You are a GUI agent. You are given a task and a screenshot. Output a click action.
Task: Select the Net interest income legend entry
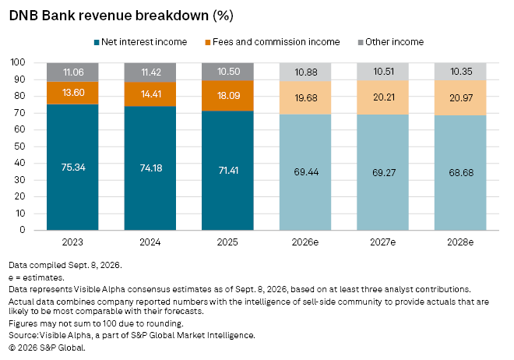coord(141,42)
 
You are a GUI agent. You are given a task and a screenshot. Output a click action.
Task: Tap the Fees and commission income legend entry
coord(273,42)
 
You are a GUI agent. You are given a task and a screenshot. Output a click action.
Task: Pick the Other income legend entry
coord(391,42)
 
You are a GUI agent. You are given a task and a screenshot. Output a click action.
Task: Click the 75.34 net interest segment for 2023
coord(72,168)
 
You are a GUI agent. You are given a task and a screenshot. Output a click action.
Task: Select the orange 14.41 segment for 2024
coord(150,94)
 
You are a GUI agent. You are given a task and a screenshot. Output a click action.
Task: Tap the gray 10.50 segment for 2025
coord(227,72)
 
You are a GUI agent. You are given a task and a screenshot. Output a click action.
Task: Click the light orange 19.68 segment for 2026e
coord(305,97)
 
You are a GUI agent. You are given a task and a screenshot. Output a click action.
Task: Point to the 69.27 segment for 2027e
coord(382,172)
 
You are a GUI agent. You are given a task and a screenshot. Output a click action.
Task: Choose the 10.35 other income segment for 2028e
coord(460,71)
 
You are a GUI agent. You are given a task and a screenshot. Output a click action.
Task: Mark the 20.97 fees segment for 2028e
coord(460,97)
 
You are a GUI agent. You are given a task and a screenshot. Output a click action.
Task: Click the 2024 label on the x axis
coord(150,242)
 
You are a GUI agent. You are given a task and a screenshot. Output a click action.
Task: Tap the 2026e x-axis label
coord(305,242)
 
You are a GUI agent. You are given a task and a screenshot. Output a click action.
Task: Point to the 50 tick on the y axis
coord(20,146)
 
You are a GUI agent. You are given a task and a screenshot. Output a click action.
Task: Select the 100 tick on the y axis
coord(18,62)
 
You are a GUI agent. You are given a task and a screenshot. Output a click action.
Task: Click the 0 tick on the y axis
coord(23,230)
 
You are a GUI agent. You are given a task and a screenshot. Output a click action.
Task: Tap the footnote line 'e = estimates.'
coord(37,277)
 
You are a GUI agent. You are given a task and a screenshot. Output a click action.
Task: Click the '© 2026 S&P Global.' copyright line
coord(48,348)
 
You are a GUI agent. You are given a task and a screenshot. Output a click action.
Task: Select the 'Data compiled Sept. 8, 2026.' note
coord(65,265)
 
